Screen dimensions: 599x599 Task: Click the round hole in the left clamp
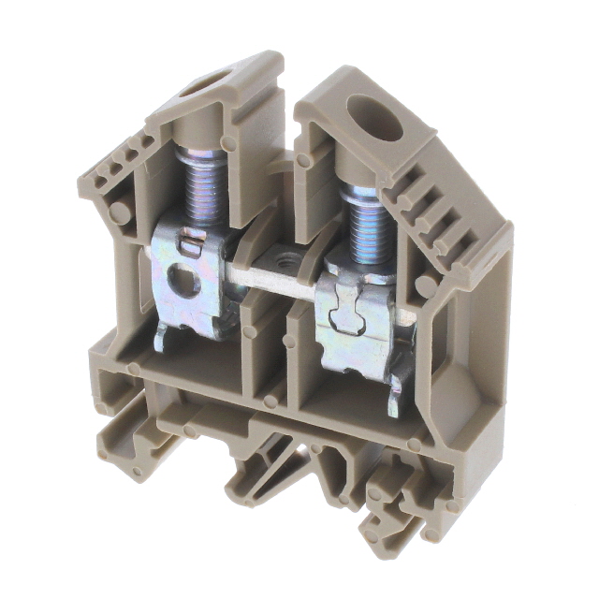tap(186, 283)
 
